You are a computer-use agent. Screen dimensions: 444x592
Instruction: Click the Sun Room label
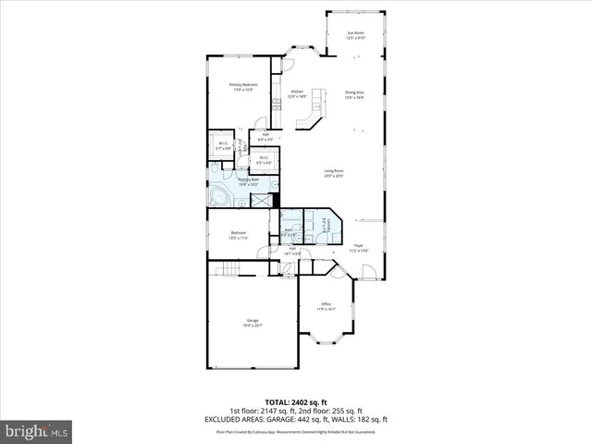(x=356, y=35)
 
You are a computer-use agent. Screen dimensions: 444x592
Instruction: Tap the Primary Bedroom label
(x=243, y=87)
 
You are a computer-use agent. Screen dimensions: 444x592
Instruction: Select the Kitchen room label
(x=297, y=93)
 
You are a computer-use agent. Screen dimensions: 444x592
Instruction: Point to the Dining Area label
(x=354, y=93)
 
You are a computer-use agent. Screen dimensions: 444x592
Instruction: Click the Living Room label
(x=334, y=173)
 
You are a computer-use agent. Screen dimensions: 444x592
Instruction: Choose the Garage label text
(x=251, y=324)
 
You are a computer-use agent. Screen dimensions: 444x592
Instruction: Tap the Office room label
(x=326, y=306)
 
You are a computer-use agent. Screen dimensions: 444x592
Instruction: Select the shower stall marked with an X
(x=264, y=199)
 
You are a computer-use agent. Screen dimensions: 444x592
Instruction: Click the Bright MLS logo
(x=37, y=430)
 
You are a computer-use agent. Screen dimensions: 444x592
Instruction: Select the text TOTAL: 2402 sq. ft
(x=296, y=401)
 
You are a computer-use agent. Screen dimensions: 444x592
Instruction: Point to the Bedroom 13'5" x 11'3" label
(x=239, y=236)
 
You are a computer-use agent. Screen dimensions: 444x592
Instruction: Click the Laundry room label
(x=322, y=225)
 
